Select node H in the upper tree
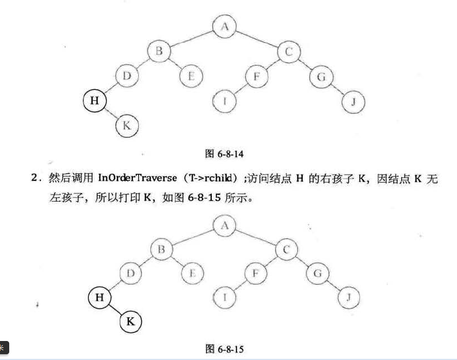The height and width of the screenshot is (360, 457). pyautogui.click(x=94, y=101)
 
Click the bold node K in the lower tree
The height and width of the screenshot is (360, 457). pyautogui.click(x=131, y=322)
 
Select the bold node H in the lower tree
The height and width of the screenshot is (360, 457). pyautogui.click(x=98, y=297)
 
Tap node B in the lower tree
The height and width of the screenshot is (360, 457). pyautogui.click(x=162, y=249)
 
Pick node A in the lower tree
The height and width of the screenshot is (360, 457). pyautogui.click(x=224, y=225)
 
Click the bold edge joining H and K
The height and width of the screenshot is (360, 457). pyautogui.click(x=115, y=310)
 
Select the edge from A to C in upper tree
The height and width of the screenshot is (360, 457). pyautogui.click(x=257, y=39)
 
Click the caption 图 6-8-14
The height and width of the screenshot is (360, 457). pyautogui.click(x=225, y=154)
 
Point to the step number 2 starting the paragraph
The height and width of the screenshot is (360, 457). pyautogui.click(x=35, y=179)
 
